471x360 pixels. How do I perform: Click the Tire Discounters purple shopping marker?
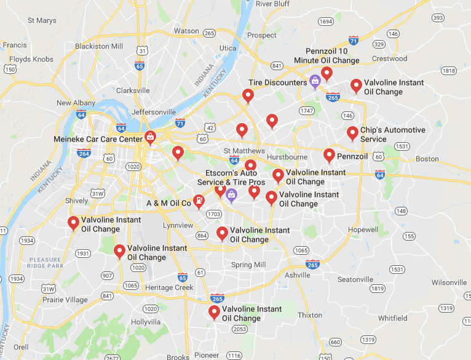click(x=315, y=81)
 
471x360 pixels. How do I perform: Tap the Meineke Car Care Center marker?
click(x=149, y=137)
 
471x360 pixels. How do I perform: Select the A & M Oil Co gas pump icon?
click(x=199, y=201)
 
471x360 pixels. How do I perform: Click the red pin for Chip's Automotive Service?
click(x=352, y=133)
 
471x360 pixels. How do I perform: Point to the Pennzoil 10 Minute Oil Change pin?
click(x=327, y=74)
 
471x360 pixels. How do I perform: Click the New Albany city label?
click(x=76, y=103)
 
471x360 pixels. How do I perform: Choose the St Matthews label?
click(x=244, y=151)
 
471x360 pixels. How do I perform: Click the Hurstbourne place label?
click(x=287, y=157)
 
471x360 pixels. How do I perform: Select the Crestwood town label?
click(x=390, y=59)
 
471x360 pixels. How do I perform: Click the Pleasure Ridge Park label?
click(x=46, y=263)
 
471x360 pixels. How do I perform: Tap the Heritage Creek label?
click(x=169, y=287)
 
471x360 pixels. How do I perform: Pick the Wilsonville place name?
click(x=449, y=282)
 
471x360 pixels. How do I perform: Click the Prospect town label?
click(x=262, y=35)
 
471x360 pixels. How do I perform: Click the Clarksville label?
click(x=133, y=90)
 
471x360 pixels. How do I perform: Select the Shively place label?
click(x=77, y=201)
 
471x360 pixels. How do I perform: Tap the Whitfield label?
click(x=392, y=318)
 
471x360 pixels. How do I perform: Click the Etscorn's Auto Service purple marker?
click(x=231, y=196)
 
